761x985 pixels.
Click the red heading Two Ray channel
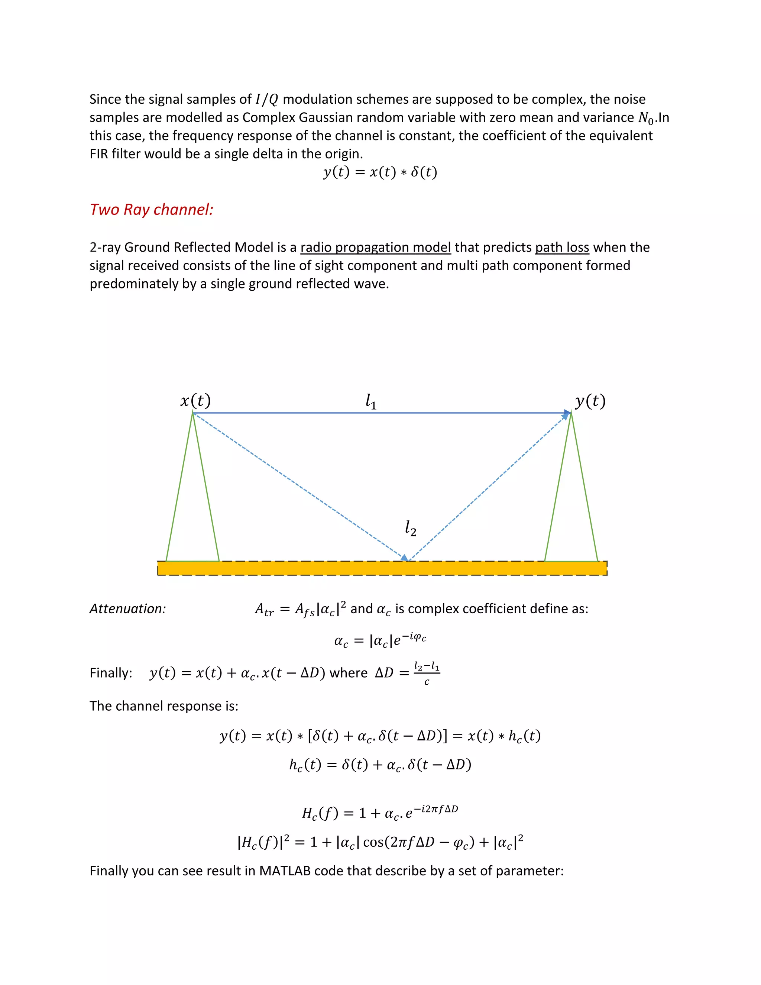[152, 210]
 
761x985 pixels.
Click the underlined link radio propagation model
[376, 248]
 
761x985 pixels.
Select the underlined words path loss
[562, 248]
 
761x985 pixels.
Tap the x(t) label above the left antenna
[195, 400]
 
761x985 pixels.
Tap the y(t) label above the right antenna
[590, 400]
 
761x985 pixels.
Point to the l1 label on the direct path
[370, 401]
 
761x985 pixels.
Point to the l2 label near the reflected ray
[410, 528]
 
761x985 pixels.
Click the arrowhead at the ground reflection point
[405, 558]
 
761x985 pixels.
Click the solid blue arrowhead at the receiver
[567, 413]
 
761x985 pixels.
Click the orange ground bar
[382, 568]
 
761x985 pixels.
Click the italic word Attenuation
[127, 609]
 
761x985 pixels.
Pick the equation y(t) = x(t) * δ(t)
[380, 172]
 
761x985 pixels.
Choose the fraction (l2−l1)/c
[427, 673]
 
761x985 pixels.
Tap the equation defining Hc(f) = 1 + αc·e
[380, 812]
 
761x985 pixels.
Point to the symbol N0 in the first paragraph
[645, 118]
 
